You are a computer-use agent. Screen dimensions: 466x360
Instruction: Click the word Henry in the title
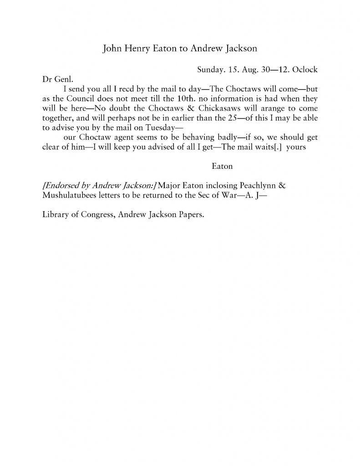(138, 49)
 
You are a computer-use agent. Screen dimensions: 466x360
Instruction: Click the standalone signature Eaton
(222, 167)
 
